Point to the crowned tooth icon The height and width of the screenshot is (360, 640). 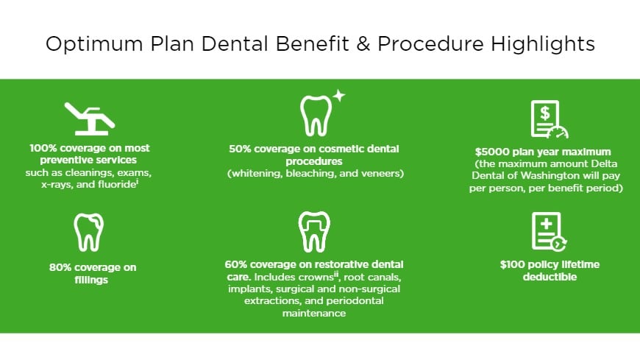(314, 231)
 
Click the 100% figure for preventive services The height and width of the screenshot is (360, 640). (43, 147)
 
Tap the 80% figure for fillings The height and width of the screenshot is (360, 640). (63, 267)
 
